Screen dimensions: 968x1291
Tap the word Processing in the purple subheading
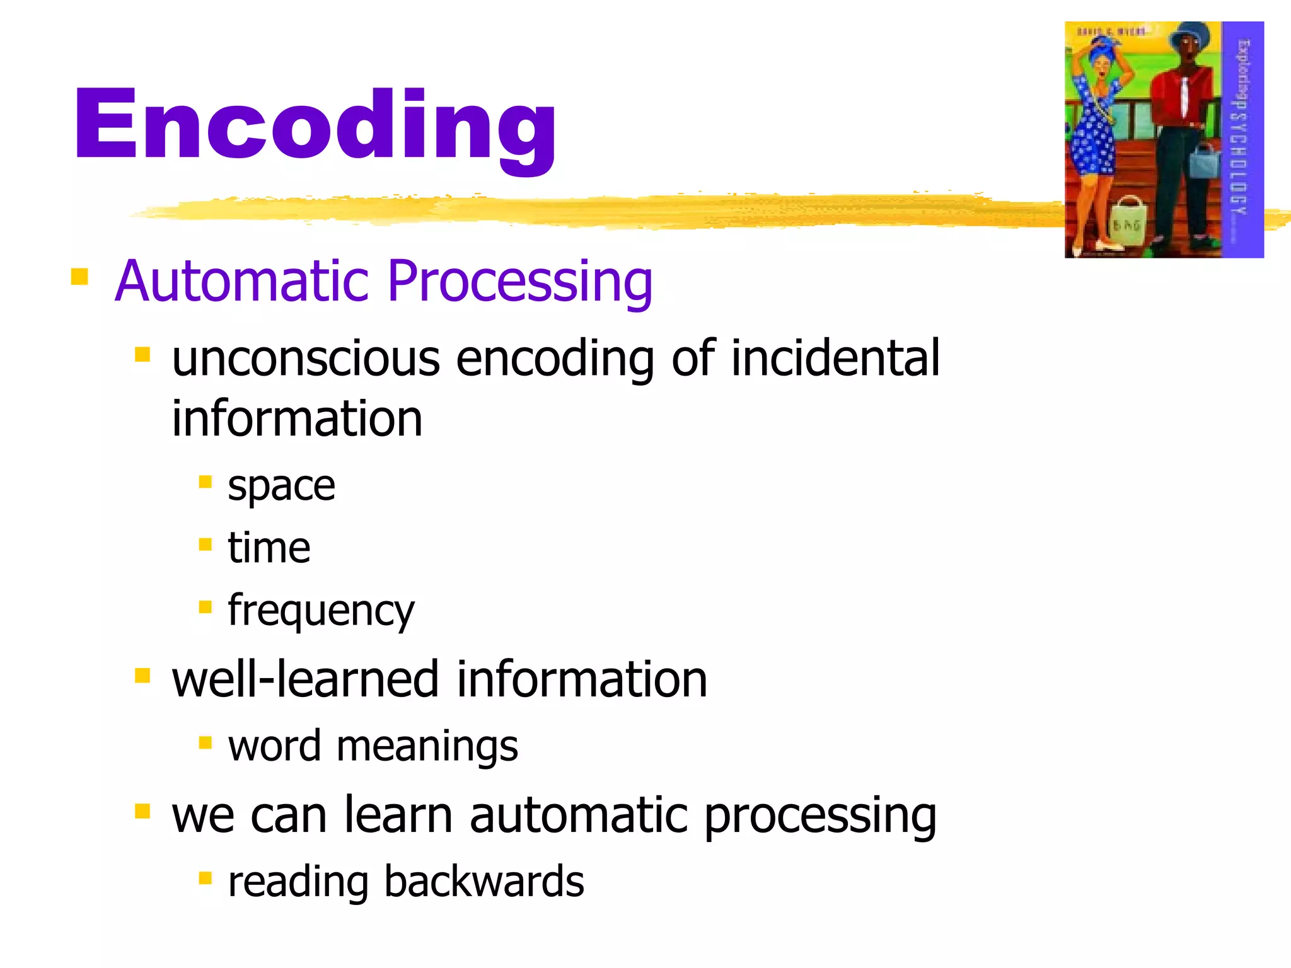coord(520,282)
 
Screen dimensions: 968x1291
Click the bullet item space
coord(281,487)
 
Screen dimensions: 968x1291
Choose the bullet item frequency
coord(321,611)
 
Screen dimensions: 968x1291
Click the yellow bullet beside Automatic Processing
coord(79,277)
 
